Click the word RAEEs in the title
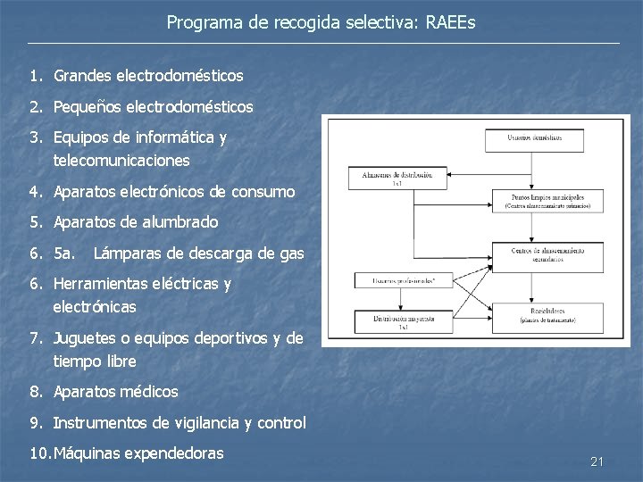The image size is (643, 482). coord(450,22)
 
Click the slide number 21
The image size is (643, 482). coord(597,461)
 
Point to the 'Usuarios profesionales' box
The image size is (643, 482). coord(397,281)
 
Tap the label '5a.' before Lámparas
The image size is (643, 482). coord(65,253)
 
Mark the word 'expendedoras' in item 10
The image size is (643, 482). coord(170,453)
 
